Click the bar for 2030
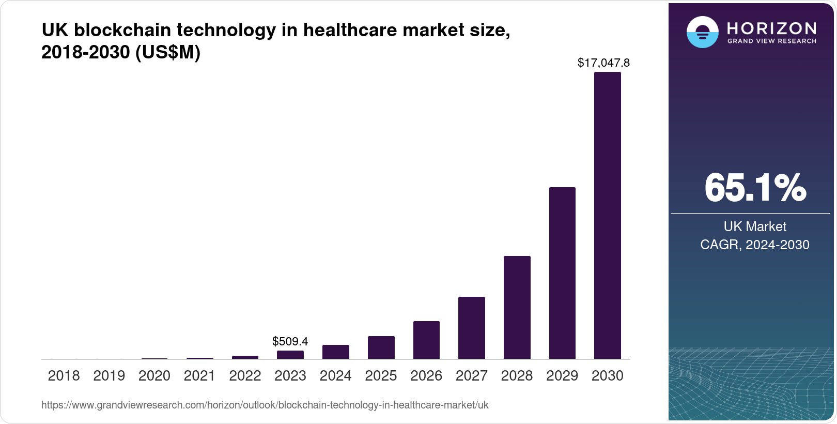[607, 215]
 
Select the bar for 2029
[562, 273]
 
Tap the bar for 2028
[517, 307]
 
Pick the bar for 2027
[471, 328]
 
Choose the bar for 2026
[426, 340]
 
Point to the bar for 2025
[381, 347]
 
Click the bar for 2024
[335, 352]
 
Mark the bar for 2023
[290, 355]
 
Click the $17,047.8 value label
[603, 63]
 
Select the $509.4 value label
[290, 341]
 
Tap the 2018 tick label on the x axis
[64, 376]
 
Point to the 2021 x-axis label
[199, 376]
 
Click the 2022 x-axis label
[245, 376]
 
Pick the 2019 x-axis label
[109, 376]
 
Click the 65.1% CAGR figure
[755, 188]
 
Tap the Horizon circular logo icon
[702, 32]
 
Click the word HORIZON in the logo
[771, 28]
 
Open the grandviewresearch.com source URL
[265, 405]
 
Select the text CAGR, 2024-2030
[754, 245]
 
